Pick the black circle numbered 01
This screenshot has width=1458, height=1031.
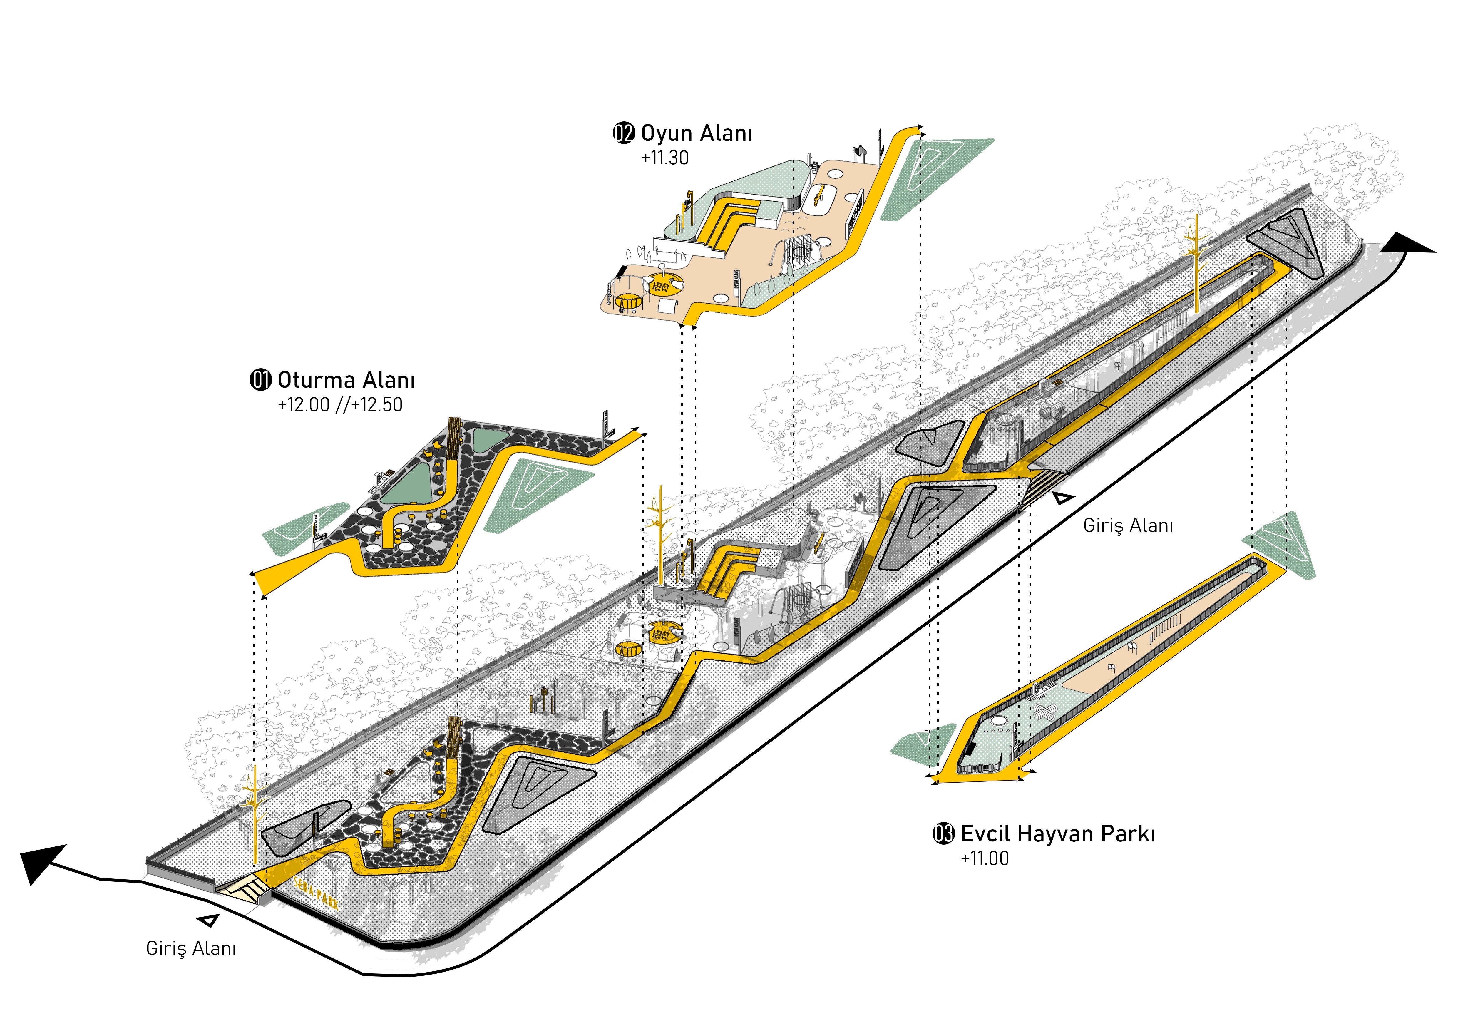[260, 380]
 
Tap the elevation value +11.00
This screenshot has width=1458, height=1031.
[984, 858]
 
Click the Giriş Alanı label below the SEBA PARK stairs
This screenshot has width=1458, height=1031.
[190, 948]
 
